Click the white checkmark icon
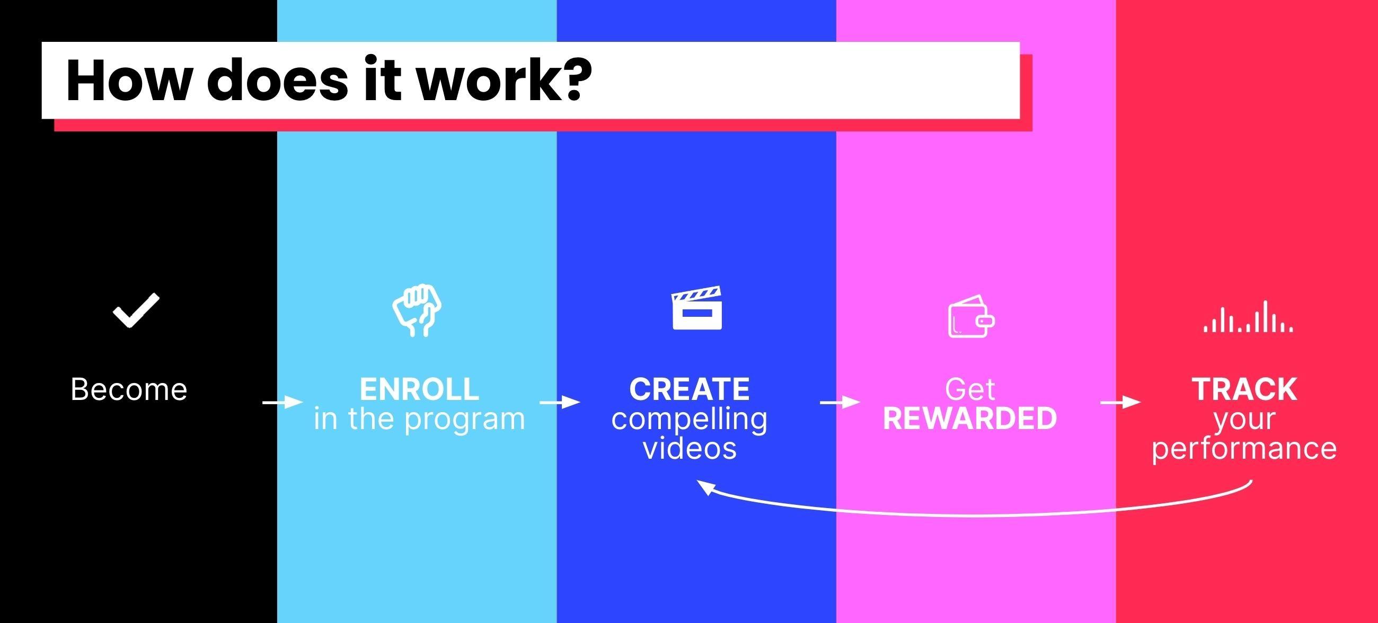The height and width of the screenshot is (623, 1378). pyautogui.click(x=136, y=309)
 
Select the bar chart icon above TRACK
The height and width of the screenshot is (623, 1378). pyautogui.click(x=1248, y=318)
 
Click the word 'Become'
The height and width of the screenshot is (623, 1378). pyautogui.click(x=129, y=389)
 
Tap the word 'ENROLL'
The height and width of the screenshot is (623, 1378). pyautogui.click(x=419, y=389)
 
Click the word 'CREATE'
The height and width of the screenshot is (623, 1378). pyautogui.click(x=690, y=389)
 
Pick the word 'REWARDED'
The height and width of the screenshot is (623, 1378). pyautogui.click(x=970, y=419)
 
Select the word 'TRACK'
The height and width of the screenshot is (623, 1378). pyautogui.click(x=1244, y=389)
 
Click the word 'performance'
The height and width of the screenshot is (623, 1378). pyautogui.click(x=1244, y=448)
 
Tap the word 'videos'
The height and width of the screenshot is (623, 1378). pyautogui.click(x=690, y=448)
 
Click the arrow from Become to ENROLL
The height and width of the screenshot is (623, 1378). pyautogui.click(x=282, y=402)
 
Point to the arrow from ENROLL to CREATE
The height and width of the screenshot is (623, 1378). pyautogui.click(x=560, y=402)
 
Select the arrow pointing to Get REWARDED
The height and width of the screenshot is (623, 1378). pyautogui.click(x=840, y=402)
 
